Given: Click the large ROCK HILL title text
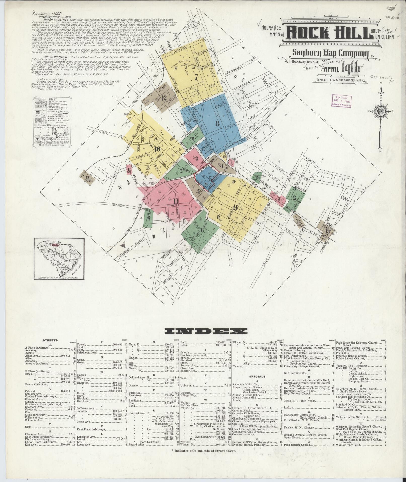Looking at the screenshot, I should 328,32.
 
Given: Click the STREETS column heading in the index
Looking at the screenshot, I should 50,340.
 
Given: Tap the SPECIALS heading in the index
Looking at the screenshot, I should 257,383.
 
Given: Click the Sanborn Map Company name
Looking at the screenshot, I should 330,54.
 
